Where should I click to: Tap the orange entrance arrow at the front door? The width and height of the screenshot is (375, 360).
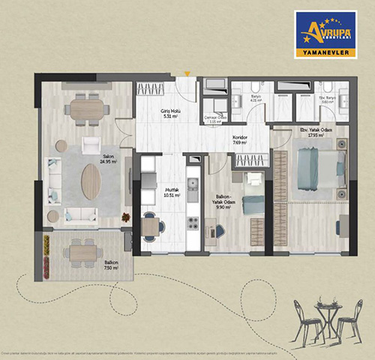[187, 73]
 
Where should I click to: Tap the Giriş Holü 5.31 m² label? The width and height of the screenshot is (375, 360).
[172, 114]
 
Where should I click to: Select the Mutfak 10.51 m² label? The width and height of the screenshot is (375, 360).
[170, 193]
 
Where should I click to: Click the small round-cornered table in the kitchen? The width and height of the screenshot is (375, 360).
[151, 226]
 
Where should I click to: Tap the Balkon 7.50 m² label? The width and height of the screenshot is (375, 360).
[82, 267]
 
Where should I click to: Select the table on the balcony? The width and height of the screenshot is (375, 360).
[82, 253]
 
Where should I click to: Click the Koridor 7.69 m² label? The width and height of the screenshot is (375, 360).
[241, 140]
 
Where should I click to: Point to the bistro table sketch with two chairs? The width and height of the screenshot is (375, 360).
[323, 319]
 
